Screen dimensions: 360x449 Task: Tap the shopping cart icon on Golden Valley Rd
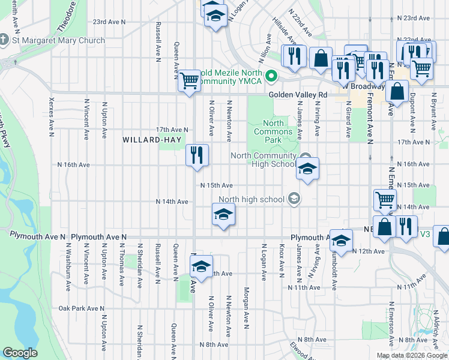pyautogui.click(x=190, y=80)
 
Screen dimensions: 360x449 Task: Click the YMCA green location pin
pyautogui.click(x=271, y=76)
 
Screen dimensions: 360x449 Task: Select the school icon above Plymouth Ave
pyautogui.click(x=223, y=214)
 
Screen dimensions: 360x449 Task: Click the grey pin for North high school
pyautogui.click(x=294, y=199)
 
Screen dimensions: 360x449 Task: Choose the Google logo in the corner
pyautogui.click(x=20, y=353)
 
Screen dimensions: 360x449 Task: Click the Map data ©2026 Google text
pyautogui.click(x=412, y=355)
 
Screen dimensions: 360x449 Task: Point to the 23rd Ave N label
pyautogui.click(x=109, y=22)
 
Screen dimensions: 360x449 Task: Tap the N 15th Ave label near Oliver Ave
pyautogui.click(x=216, y=186)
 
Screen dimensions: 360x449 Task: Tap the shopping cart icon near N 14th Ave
pyautogui.click(x=385, y=200)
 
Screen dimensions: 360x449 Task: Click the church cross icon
pyautogui.click(x=5, y=41)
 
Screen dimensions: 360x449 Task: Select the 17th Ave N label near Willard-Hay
pyautogui.click(x=172, y=130)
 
